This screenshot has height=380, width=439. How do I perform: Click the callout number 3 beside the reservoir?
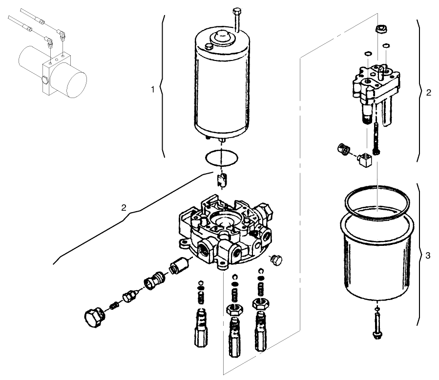coord(428,256)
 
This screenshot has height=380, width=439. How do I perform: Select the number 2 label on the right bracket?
coord(428,93)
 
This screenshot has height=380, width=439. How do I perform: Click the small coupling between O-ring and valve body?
coord(222,180)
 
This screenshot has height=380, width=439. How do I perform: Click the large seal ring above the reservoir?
coord(376,202)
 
